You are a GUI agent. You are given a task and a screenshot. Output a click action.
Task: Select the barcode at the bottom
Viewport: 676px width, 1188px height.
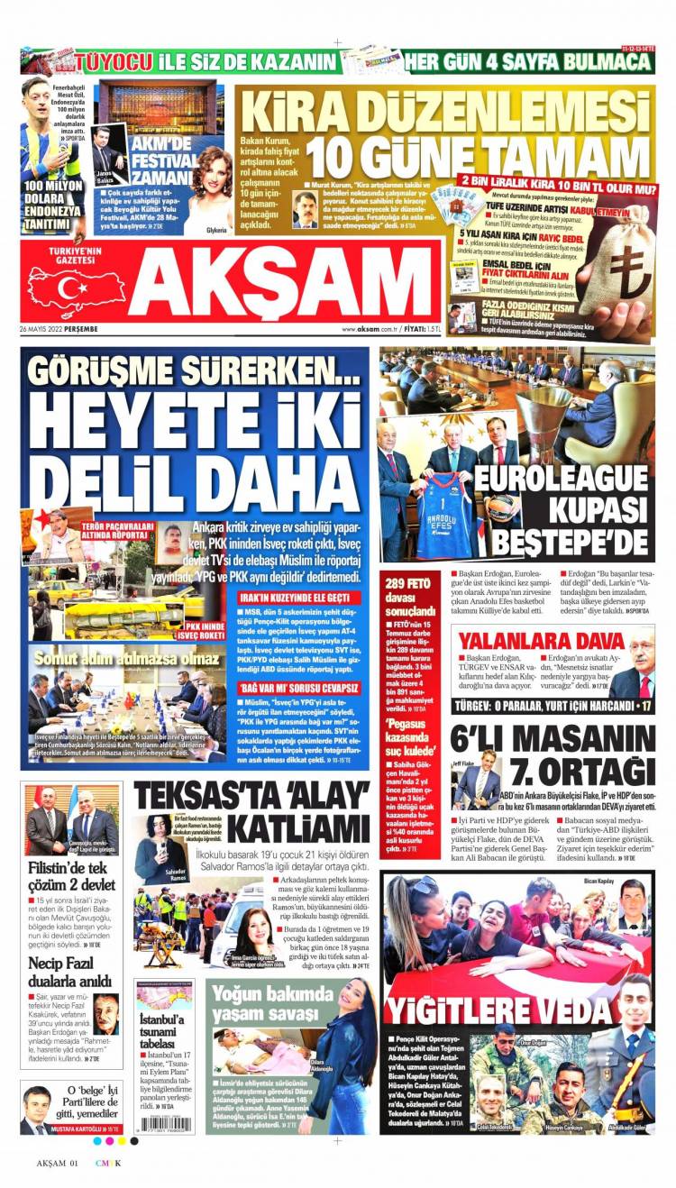click(164, 1124)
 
